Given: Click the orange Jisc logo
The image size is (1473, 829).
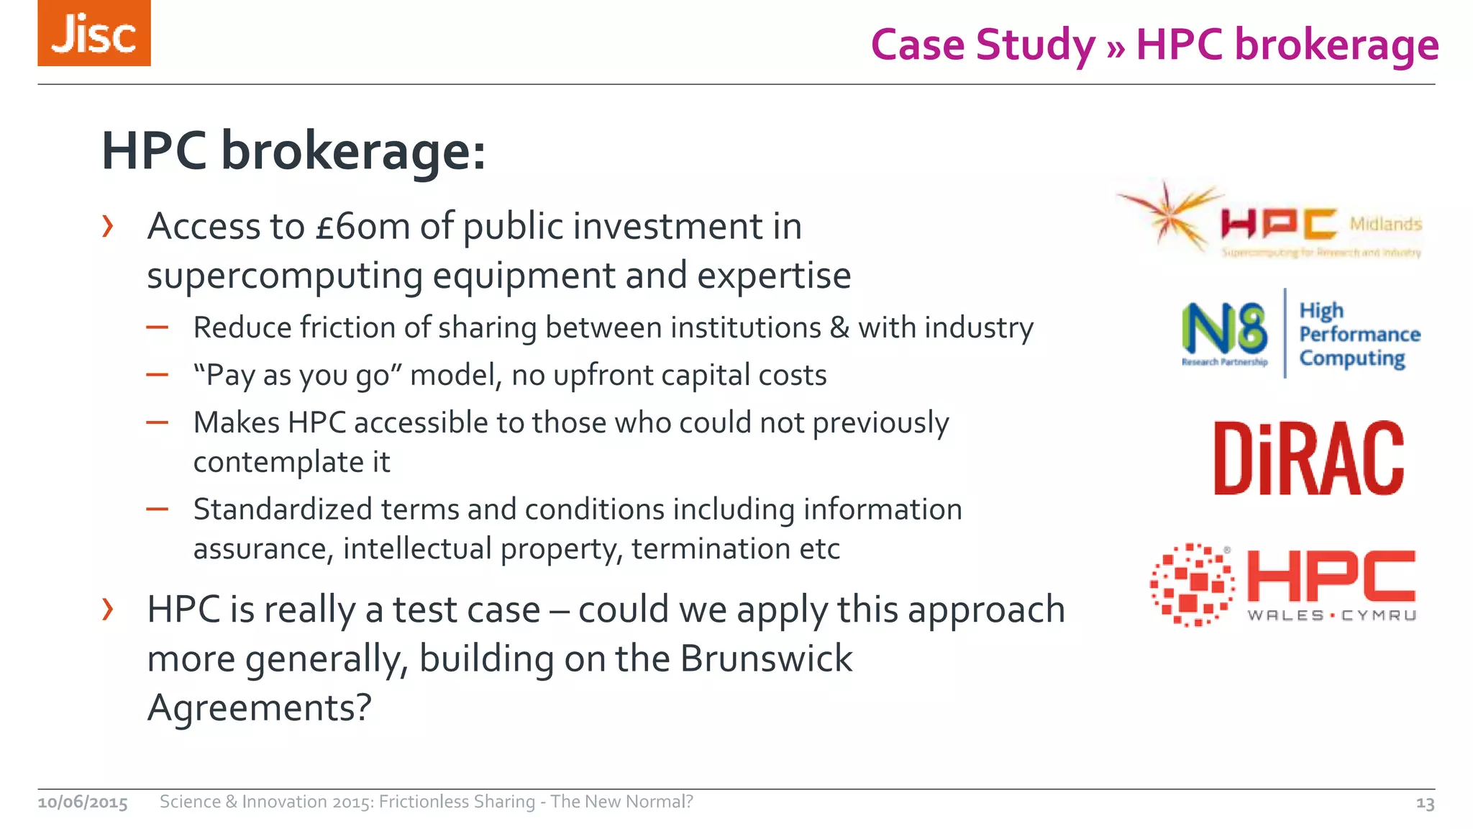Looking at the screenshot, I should tap(94, 33).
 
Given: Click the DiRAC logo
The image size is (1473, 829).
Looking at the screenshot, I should tap(1308, 458).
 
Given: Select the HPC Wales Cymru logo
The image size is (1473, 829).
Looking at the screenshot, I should tap(1283, 584).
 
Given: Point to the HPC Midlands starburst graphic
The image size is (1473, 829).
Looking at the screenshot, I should tap(1169, 215).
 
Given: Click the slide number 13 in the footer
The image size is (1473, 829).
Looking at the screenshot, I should tap(1425, 803).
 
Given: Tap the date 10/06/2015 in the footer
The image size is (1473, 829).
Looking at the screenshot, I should tap(83, 802).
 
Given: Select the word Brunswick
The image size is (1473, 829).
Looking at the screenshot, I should tap(765, 658).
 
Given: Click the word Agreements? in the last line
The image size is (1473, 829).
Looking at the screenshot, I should tap(259, 707).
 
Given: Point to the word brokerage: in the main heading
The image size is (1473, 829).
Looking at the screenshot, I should tap(352, 152).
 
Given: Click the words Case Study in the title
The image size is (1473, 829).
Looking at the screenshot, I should tap(982, 45).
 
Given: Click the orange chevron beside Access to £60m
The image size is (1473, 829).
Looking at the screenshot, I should tap(108, 227).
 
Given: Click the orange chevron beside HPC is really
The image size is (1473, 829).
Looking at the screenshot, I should tap(108, 610).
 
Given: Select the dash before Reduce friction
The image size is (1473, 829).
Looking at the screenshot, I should tap(157, 328).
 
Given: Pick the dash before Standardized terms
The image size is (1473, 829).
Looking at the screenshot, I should tap(157, 509).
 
